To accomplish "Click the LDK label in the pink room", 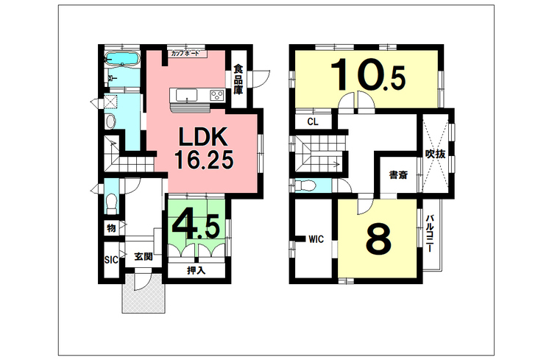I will [204, 137].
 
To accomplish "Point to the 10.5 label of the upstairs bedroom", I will [369, 76].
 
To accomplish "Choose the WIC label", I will [316, 239].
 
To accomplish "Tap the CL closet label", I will [312, 121].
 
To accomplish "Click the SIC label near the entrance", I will [111, 260].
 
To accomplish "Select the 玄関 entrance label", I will [143, 258].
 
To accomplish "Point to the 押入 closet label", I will [195, 270].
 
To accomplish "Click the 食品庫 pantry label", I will [238, 80].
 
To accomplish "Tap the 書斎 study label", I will [398, 176].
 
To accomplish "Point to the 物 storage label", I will [110, 229].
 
